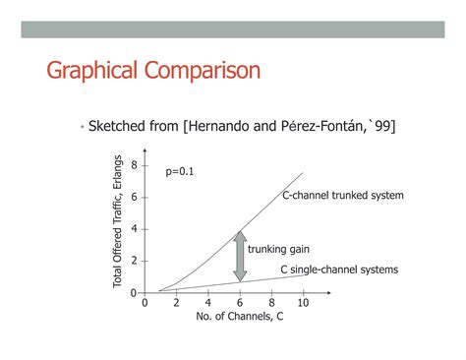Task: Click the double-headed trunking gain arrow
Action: (x=238, y=255)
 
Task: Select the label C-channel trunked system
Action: (x=343, y=196)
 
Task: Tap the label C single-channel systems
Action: (x=340, y=270)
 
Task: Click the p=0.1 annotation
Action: (x=180, y=170)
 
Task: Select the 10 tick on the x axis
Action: (x=303, y=303)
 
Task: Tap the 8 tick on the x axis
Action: (x=271, y=303)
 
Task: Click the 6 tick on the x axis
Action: (x=240, y=303)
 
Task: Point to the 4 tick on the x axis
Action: (x=207, y=303)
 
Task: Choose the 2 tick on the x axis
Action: (x=176, y=303)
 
